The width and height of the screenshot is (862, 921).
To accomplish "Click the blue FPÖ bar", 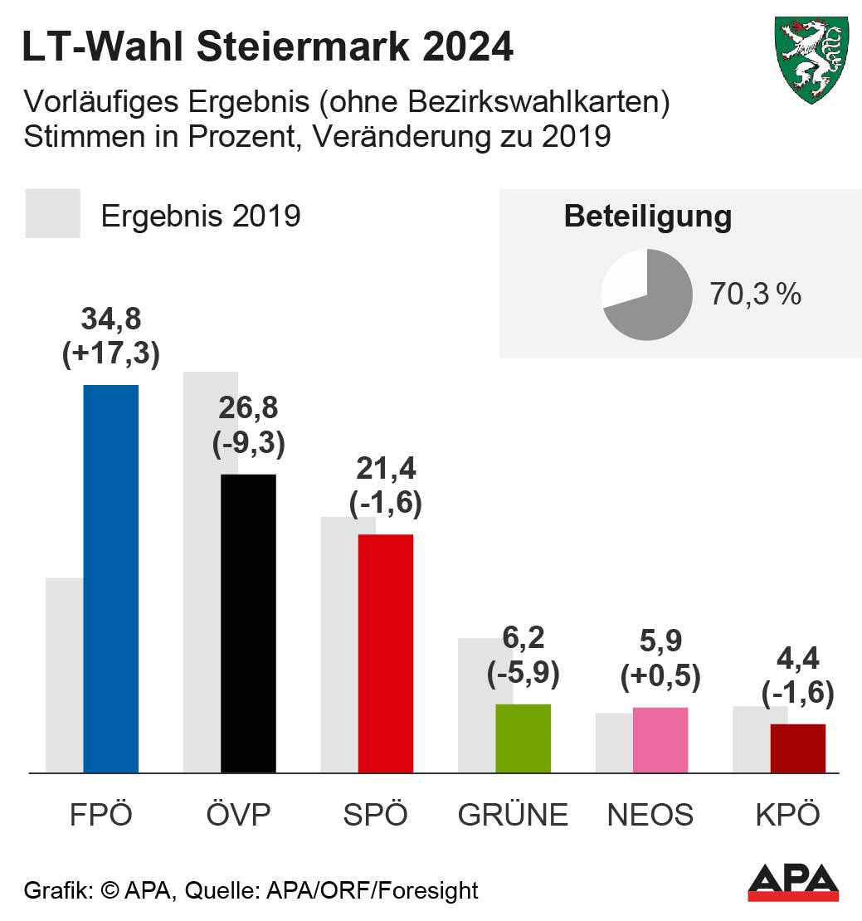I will point(110,578).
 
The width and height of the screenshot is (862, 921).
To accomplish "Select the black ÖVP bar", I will point(247,623).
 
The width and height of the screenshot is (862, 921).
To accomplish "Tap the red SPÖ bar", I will point(385,653).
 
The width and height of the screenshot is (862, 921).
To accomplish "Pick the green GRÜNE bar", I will point(523,738).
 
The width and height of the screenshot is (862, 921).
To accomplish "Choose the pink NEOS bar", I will point(660,740).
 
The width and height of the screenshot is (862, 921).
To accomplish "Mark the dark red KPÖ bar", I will point(797,748).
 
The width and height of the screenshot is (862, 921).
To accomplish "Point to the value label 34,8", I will point(110,318).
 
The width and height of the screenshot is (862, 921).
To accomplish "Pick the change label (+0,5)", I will point(660,676).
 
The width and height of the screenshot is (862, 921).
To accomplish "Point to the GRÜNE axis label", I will point(513,815).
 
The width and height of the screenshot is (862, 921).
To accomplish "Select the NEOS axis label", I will point(650,815).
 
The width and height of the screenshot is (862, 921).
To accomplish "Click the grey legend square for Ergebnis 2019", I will point(53,214).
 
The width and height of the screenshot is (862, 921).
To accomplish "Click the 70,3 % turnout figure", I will point(755,294).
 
